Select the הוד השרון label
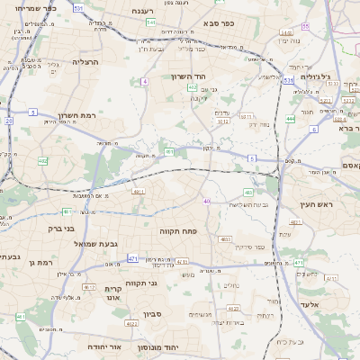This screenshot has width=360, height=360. point(189,76)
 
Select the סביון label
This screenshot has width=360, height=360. point(152,316)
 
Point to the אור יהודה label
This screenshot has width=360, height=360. point(103,346)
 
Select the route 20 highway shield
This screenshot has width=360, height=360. point(8,120)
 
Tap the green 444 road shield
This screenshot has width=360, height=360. point(290,118)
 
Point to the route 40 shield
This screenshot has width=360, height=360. point(206,201)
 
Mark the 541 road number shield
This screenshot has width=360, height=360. point(150,22)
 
